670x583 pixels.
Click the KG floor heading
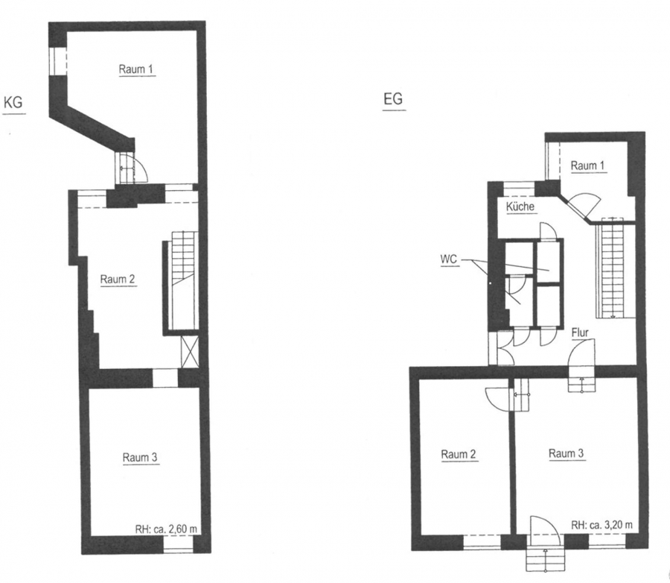[x=13, y=103]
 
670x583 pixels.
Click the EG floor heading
[x=393, y=99]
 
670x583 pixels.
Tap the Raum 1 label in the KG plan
[x=136, y=69]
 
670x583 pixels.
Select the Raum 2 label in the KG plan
[x=118, y=280]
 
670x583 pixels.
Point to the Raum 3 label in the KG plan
[x=140, y=458]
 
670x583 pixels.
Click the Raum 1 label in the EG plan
[x=588, y=166]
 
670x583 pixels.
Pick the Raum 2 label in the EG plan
[x=459, y=454]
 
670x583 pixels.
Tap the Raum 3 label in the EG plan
[x=567, y=453]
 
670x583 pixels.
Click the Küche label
[x=520, y=207]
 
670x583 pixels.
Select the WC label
[x=449, y=259]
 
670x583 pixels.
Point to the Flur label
[x=580, y=333]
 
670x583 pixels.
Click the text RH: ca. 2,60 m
[x=166, y=529]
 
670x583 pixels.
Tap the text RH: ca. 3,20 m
[x=602, y=525]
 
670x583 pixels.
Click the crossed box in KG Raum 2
[x=190, y=352]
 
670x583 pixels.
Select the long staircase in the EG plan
[x=614, y=268]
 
